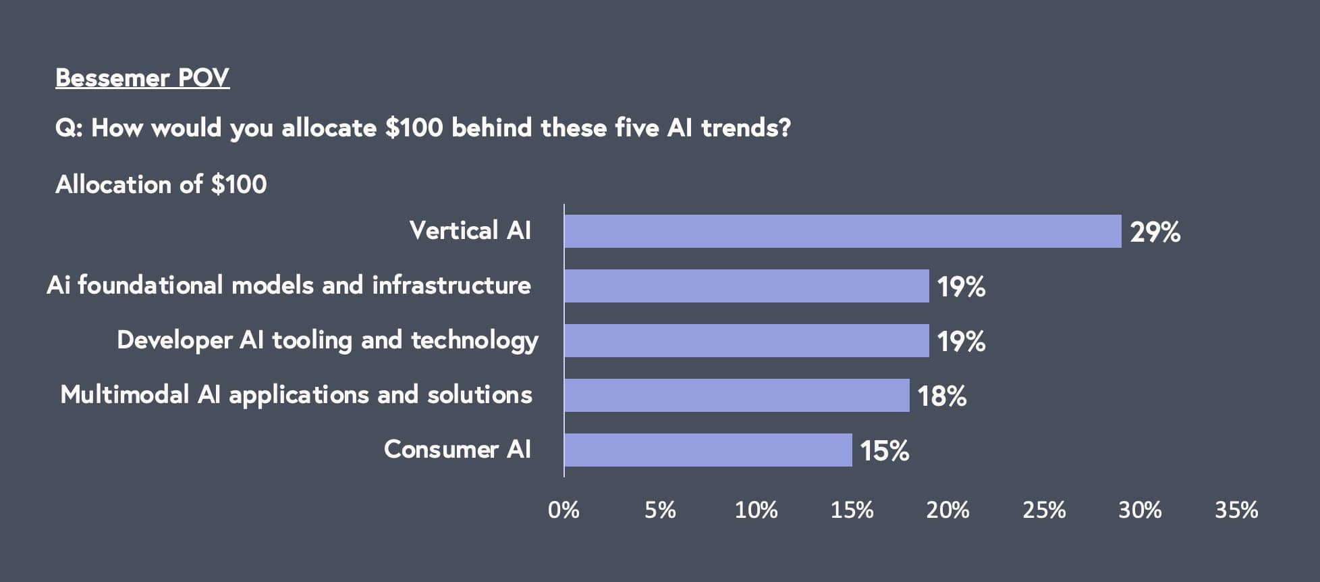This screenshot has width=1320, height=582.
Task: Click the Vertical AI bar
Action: [x=842, y=231]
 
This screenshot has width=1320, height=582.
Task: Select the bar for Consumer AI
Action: [x=708, y=450]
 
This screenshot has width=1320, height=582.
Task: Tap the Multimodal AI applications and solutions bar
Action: [x=736, y=395]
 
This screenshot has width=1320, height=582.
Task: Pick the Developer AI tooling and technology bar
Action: [x=746, y=340]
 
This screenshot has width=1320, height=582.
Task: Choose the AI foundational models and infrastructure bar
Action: [x=746, y=286]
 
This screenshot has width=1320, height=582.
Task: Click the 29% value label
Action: [x=1155, y=232]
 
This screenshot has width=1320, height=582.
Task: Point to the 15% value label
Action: [x=884, y=451]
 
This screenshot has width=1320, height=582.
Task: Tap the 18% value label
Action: [x=941, y=396]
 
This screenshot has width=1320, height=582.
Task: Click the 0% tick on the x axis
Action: [x=563, y=510]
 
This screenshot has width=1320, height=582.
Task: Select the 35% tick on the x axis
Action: [x=1236, y=510]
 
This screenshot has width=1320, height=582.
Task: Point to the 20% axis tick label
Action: [x=947, y=510]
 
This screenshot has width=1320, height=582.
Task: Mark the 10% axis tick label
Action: [x=756, y=510]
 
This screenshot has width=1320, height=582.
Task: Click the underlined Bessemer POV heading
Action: [x=142, y=78]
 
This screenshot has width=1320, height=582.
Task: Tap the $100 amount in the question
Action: [x=414, y=128]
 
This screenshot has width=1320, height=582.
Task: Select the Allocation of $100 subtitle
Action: [x=161, y=184]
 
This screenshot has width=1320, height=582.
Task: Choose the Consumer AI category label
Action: [x=457, y=449]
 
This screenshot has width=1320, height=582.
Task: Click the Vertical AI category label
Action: [x=470, y=230]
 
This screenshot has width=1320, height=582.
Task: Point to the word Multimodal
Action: [x=124, y=394]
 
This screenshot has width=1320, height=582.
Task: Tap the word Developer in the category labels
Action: [x=174, y=340]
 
